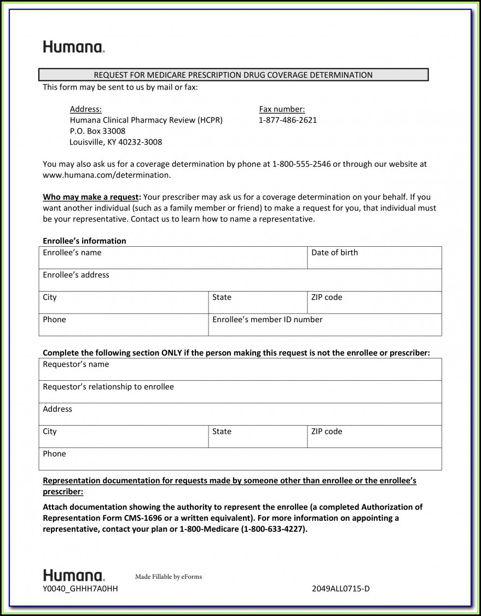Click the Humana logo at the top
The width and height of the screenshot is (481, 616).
[74, 47]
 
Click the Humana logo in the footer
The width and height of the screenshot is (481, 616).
[74, 576]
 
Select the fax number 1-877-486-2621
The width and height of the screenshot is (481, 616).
[287, 120]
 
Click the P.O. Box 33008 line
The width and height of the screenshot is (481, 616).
[97, 131]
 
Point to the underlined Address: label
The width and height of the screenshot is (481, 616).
[85, 109]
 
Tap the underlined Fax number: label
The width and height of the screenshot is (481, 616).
[282, 109]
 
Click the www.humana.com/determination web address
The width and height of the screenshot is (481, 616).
[107, 175]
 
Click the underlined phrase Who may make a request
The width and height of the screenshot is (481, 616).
[92, 197]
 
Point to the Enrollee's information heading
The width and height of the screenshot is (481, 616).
[84, 241]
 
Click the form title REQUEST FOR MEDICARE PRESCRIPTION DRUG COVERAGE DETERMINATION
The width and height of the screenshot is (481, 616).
[233, 75]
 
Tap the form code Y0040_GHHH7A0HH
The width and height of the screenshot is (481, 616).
[80, 589]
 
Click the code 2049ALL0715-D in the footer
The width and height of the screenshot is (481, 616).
[340, 589]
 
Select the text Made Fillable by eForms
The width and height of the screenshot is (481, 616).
[168, 577]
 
